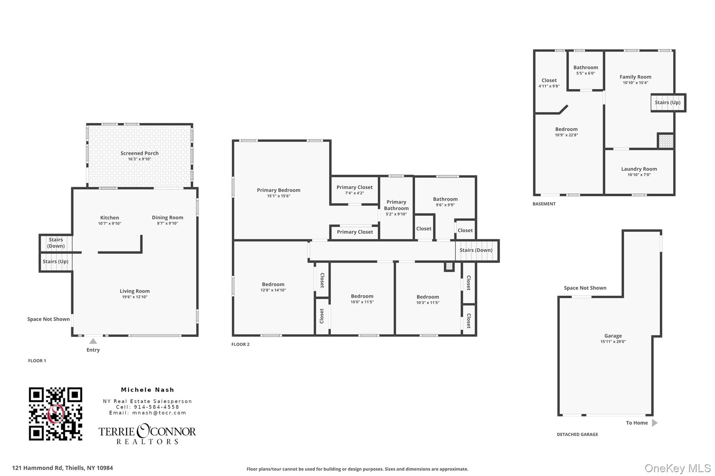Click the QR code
[x=55, y=414]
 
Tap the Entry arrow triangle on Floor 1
[x=93, y=341]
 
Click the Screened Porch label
[x=139, y=153]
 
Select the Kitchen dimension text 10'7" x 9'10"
[x=109, y=224]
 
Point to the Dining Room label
[x=167, y=217]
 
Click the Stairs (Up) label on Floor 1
[x=56, y=262]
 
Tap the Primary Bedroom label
[x=278, y=190]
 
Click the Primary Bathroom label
[x=396, y=205]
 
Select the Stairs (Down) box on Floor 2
[x=476, y=250]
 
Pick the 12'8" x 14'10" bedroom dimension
[x=273, y=290]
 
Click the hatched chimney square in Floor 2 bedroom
[x=449, y=267]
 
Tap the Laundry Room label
[x=639, y=169]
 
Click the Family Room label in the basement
[x=635, y=77]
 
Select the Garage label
[x=613, y=336]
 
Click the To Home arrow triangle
[x=654, y=423]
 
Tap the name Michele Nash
[x=147, y=390]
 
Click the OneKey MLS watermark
[x=677, y=468]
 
